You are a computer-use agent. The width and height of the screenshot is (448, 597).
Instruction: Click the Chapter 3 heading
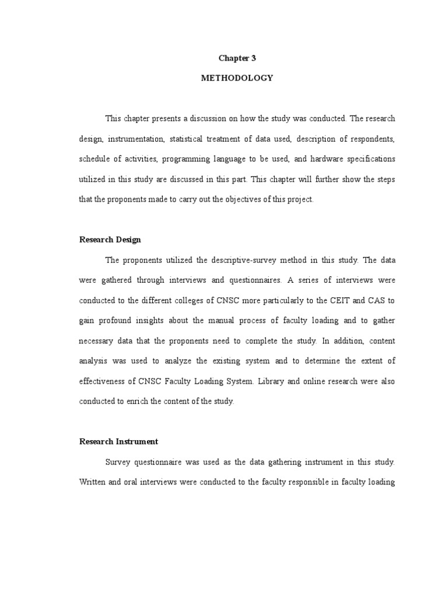(237, 58)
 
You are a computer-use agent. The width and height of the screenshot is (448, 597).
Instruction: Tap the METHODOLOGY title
(237, 78)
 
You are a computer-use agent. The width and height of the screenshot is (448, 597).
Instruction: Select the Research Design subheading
(110, 240)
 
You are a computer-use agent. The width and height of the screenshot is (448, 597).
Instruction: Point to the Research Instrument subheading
(118, 441)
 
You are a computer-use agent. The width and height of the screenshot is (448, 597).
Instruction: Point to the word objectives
(235, 199)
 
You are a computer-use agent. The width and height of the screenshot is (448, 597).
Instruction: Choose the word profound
(125, 321)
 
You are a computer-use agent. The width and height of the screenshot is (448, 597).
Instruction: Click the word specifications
(369, 159)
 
